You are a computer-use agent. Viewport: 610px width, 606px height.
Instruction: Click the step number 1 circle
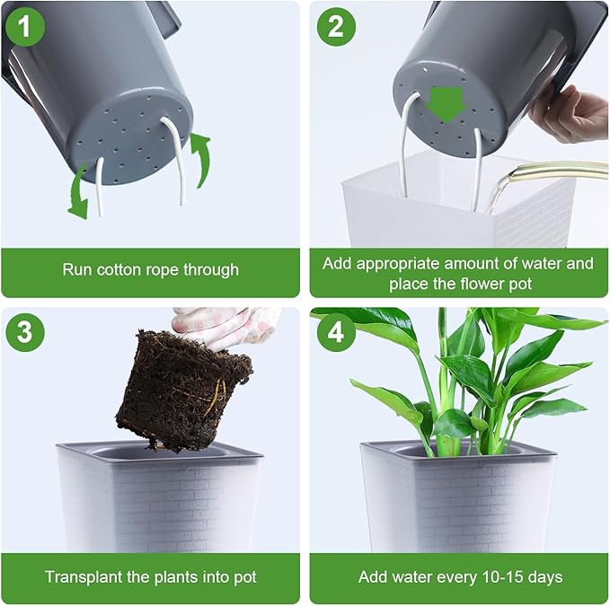click(x=25, y=27)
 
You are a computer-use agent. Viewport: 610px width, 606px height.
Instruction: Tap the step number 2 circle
click(x=335, y=27)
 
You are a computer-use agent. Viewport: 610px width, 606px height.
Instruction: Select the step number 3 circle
click(x=25, y=333)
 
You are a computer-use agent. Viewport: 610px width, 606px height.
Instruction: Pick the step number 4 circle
click(x=335, y=333)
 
